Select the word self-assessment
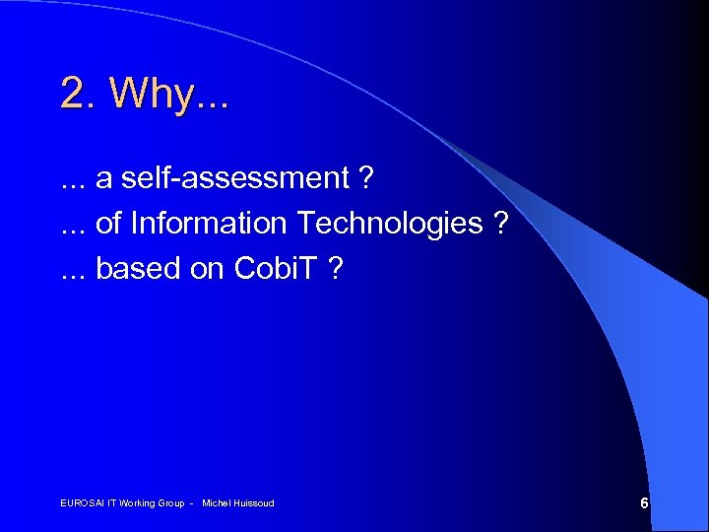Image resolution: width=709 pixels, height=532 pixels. point(235,178)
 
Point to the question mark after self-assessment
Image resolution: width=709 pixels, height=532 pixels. point(365,178)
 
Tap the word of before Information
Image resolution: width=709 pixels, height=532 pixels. point(108,224)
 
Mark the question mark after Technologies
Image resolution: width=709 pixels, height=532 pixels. point(501,224)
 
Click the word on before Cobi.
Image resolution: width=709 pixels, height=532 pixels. point(207,269)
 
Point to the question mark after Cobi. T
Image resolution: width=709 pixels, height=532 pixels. point(335,269)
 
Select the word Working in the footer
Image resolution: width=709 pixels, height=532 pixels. point(141,503)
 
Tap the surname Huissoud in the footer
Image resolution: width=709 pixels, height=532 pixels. point(255,503)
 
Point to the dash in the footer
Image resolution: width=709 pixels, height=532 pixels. point(192,503)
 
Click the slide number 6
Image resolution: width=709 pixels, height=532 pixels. point(644,503)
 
